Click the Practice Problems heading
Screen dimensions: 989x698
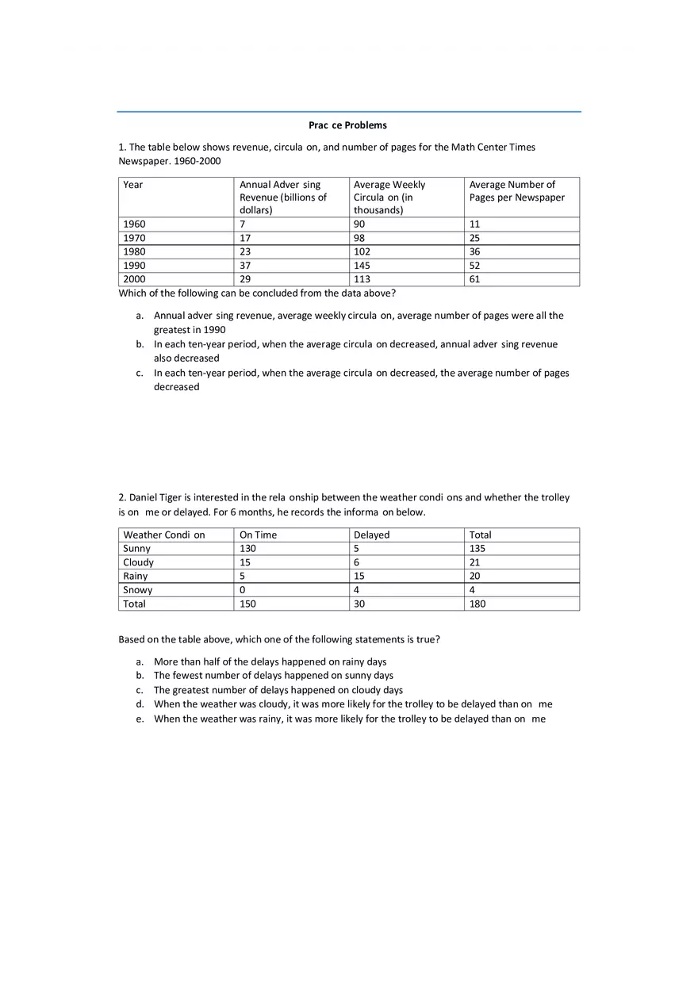(x=347, y=125)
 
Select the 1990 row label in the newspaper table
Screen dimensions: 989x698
(x=135, y=266)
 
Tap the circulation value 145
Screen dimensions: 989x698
(x=362, y=266)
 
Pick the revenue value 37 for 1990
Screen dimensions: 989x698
(x=245, y=266)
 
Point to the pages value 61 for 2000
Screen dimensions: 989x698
(x=474, y=279)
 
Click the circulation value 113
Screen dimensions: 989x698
(x=362, y=279)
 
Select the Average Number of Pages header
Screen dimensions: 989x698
(x=516, y=191)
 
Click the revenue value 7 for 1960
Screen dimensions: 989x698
(x=242, y=224)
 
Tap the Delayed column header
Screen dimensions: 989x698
(x=371, y=535)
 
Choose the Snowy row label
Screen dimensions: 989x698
(x=138, y=590)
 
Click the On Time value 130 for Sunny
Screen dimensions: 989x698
(x=247, y=549)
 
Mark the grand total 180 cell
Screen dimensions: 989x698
(x=477, y=604)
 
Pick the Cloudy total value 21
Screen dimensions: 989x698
(x=474, y=562)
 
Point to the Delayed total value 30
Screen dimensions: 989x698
(x=359, y=604)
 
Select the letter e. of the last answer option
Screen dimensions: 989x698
(x=140, y=719)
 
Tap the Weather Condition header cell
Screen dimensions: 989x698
(x=164, y=535)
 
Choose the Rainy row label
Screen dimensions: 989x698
(x=136, y=577)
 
